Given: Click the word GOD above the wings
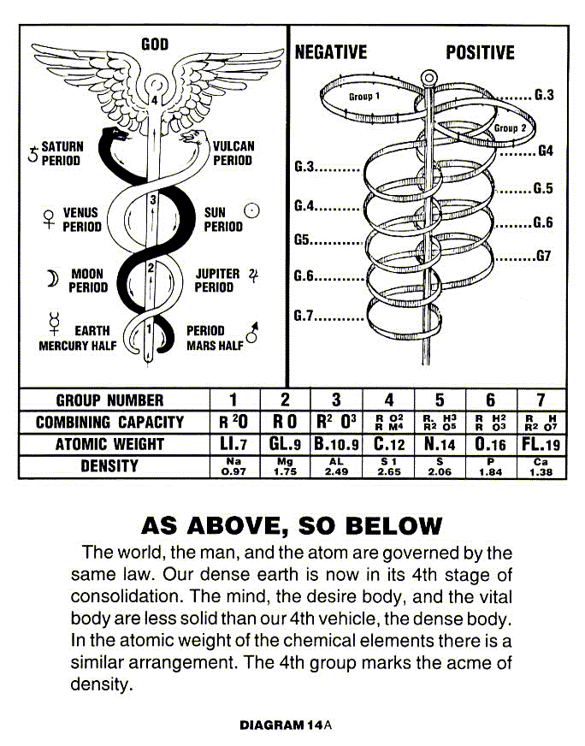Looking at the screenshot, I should [x=155, y=44].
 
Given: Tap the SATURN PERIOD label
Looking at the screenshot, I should [x=62, y=153].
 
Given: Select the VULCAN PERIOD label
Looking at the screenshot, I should [x=233, y=153].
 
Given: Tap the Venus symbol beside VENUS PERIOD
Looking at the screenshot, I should [x=48, y=219].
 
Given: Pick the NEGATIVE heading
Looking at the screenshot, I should [x=330, y=52].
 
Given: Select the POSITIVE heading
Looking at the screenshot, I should [x=480, y=52].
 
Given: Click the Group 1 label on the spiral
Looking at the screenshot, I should [x=364, y=98].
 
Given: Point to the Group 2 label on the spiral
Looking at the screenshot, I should [x=511, y=128].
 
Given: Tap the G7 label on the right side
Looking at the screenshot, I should [x=543, y=256].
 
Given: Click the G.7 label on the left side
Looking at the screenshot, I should [x=305, y=316].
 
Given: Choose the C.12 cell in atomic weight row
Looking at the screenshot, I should [x=388, y=444].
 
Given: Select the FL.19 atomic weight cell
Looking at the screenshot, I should [x=541, y=444].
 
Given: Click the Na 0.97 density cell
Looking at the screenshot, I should [x=233, y=466].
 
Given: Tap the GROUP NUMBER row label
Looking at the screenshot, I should [x=109, y=400].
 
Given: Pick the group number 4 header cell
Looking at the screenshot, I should [x=388, y=400].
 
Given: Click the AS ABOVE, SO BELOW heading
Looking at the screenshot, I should [x=292, y=524].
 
